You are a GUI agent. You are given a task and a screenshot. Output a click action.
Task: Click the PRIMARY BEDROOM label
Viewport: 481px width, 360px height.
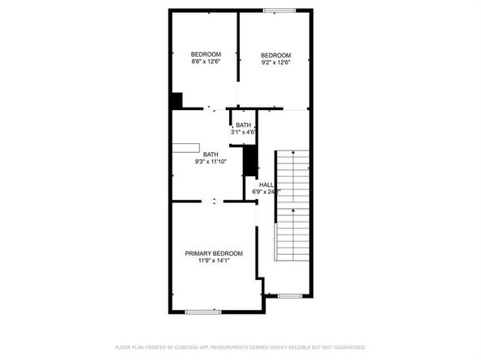213,253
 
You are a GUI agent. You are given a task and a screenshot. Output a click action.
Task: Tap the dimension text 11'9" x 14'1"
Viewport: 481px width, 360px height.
213,260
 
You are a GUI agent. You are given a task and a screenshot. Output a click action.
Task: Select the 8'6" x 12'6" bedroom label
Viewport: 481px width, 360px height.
206,61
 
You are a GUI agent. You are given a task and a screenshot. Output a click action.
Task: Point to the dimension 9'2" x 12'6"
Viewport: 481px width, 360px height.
275,61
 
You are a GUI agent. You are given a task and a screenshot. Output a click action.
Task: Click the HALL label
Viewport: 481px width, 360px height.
265,185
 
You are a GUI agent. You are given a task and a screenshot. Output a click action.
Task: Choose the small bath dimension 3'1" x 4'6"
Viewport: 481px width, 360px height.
243,132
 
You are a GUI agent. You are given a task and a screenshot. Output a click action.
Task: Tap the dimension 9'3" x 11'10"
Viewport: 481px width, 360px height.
211,161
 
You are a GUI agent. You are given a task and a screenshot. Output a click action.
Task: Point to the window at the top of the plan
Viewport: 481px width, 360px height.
279,11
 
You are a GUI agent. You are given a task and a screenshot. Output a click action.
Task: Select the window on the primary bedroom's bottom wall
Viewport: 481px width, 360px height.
203,311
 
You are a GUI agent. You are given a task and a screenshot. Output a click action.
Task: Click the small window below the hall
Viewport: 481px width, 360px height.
290,296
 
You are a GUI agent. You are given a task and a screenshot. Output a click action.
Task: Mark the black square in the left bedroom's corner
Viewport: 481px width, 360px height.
176,100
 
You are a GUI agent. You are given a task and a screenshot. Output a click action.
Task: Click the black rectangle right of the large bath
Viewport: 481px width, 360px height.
250,161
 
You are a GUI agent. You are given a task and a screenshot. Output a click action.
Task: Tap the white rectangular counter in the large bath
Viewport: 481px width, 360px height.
185,146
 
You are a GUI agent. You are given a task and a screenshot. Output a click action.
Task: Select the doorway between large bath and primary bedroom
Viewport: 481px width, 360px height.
214,201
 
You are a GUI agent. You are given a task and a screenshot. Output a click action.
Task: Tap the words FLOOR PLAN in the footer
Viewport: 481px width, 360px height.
130,347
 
